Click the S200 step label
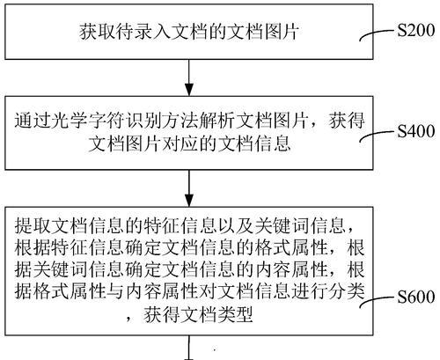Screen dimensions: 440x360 tap(416, 30)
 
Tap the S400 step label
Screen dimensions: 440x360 tap(416, 131)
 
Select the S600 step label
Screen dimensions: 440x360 tap(416, 297)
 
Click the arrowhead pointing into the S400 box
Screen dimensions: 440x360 tap(189, 90)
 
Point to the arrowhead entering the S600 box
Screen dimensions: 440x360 tap(189, 201)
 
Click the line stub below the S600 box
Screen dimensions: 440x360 tap(189, 348)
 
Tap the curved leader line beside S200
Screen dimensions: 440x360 tap(377, 34)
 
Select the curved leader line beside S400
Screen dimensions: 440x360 tap(377, 136)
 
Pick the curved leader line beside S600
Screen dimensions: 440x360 tap(377, 301)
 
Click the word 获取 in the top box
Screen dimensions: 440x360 tap(98, 32)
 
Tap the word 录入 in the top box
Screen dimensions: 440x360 tap(152, 32)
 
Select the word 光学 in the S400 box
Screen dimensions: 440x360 tap(70, 121)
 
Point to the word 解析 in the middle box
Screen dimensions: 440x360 tap(216, 121)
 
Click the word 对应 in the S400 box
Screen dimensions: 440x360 tap(180, 143)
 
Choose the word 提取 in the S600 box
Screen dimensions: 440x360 tap(33, 225)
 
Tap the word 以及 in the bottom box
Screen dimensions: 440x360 tap(234, 225)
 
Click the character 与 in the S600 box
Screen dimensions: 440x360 tap(115, 291)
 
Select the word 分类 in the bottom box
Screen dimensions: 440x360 tap(347, 291)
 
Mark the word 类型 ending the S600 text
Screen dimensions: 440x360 tap(235, 315)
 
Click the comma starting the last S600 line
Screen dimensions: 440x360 tap(129, 320)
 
